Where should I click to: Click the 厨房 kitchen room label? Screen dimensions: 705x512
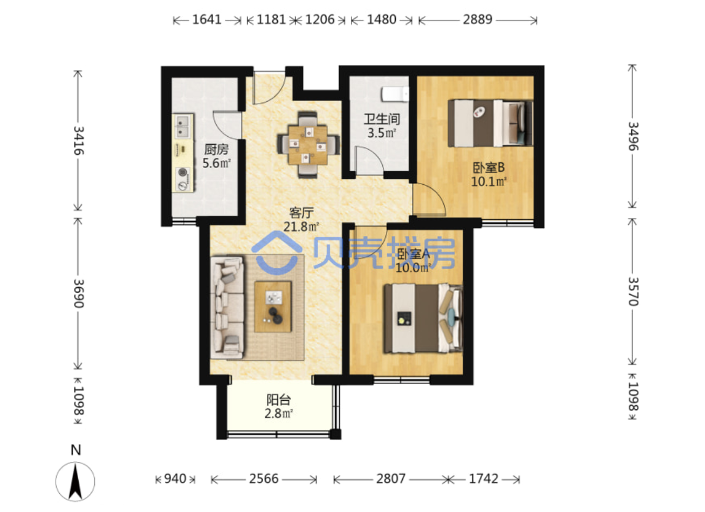click(216, 149)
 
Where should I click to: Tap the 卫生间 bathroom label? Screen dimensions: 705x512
click(382, 119)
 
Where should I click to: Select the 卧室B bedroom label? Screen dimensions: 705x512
click(489, 168)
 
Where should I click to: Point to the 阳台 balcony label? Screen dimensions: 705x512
click(279, 399)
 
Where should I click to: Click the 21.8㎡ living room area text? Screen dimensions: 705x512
click(301, 227)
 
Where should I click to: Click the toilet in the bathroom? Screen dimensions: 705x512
click(395, 94)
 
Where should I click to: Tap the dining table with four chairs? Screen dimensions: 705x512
click(308, 145)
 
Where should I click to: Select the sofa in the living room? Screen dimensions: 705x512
click(227, 308)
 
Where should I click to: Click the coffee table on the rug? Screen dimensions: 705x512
click(273, 307)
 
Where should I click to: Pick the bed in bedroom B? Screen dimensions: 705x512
click(490, 123)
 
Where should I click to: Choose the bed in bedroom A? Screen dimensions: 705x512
click(423, 318)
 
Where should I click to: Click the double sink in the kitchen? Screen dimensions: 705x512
click(182, 127)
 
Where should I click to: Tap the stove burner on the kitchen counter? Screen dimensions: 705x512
click(182, 172)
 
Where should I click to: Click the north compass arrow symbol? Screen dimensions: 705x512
click(75, 481)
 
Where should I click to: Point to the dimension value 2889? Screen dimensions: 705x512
click(478, 20)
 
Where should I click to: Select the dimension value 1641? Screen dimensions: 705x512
click(207, 20)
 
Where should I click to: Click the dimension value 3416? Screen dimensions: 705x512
click(79, 140)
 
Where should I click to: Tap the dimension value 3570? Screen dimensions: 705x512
click(633, 292)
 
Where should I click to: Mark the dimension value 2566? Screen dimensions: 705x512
click(264, 479)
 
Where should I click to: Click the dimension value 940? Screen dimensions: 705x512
click(175, 479)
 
